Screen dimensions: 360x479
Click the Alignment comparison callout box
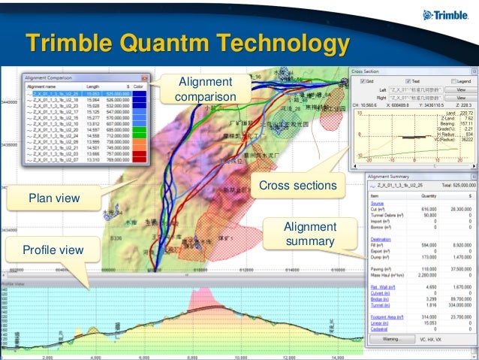203,89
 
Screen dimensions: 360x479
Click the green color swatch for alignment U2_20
140,129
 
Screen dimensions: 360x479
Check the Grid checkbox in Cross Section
361,80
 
